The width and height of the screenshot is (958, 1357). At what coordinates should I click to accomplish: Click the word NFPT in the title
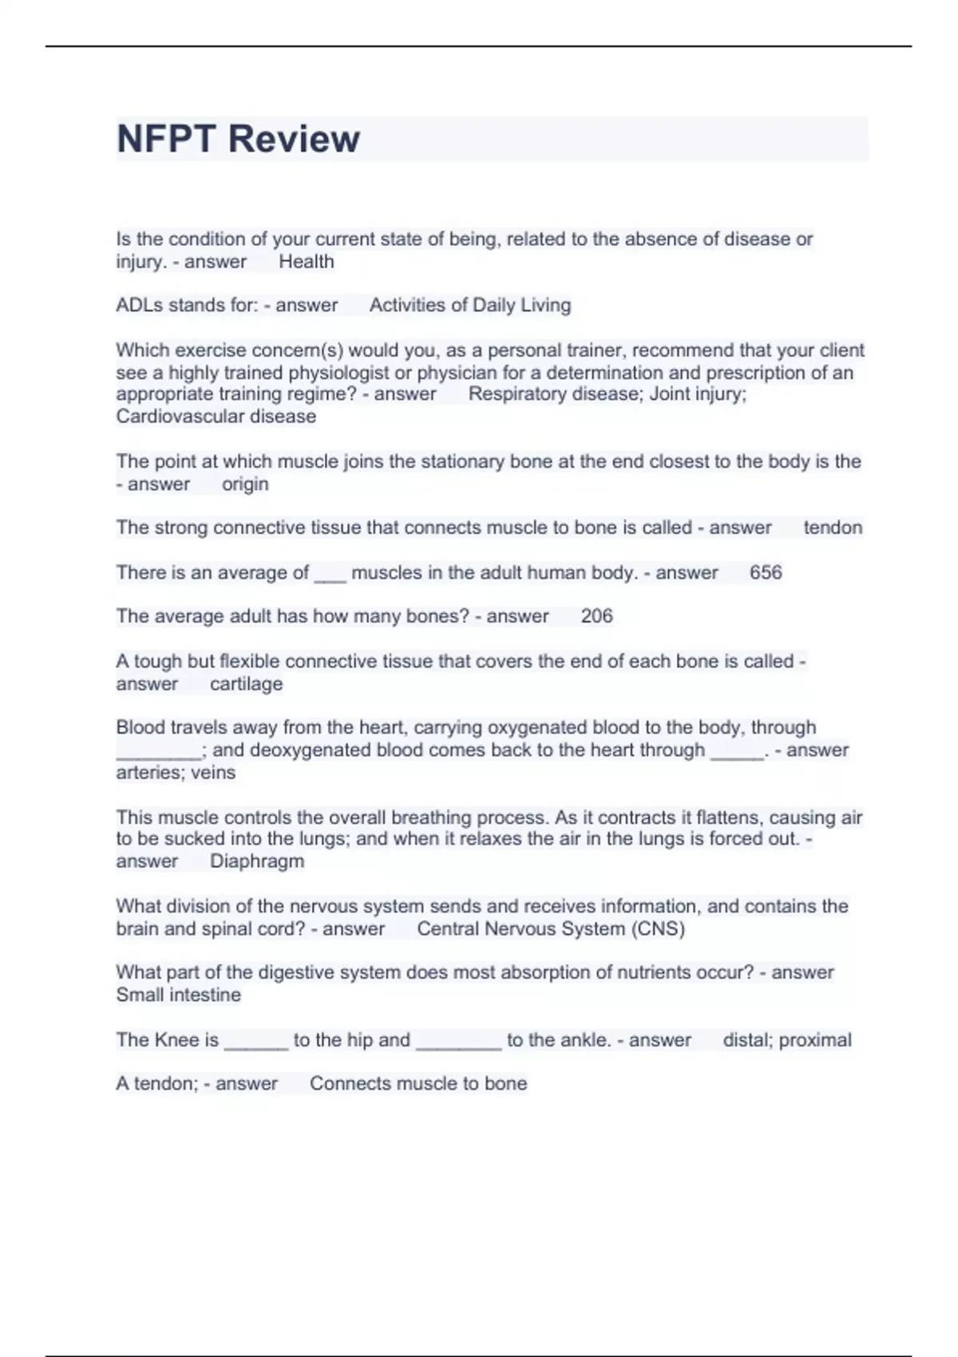point(166,139)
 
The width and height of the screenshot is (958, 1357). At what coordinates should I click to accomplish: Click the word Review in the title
point(294,139)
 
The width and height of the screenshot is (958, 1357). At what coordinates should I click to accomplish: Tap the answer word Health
point(306,262)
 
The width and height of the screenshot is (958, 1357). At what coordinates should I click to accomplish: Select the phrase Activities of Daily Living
point(469,305)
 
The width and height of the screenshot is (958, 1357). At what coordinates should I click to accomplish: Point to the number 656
point(766,572)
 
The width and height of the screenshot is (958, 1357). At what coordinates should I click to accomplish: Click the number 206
point(596,616)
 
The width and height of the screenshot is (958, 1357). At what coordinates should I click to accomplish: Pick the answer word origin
point(245,485)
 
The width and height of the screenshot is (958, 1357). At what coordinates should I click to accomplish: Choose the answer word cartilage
point(246,684)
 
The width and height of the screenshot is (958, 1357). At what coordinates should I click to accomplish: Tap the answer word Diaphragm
point(256,861)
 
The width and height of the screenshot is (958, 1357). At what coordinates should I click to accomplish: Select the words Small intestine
point(178,995)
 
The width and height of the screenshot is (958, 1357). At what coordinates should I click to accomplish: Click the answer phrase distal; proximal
point(786,1040)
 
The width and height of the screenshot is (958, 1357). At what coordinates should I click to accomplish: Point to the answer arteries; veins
point(176,773)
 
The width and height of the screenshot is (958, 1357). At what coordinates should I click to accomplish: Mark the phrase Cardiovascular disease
point(216,417)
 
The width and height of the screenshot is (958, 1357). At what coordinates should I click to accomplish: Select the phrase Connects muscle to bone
point(418,1084)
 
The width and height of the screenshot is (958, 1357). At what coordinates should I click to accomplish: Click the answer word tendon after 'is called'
point(833,528)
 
